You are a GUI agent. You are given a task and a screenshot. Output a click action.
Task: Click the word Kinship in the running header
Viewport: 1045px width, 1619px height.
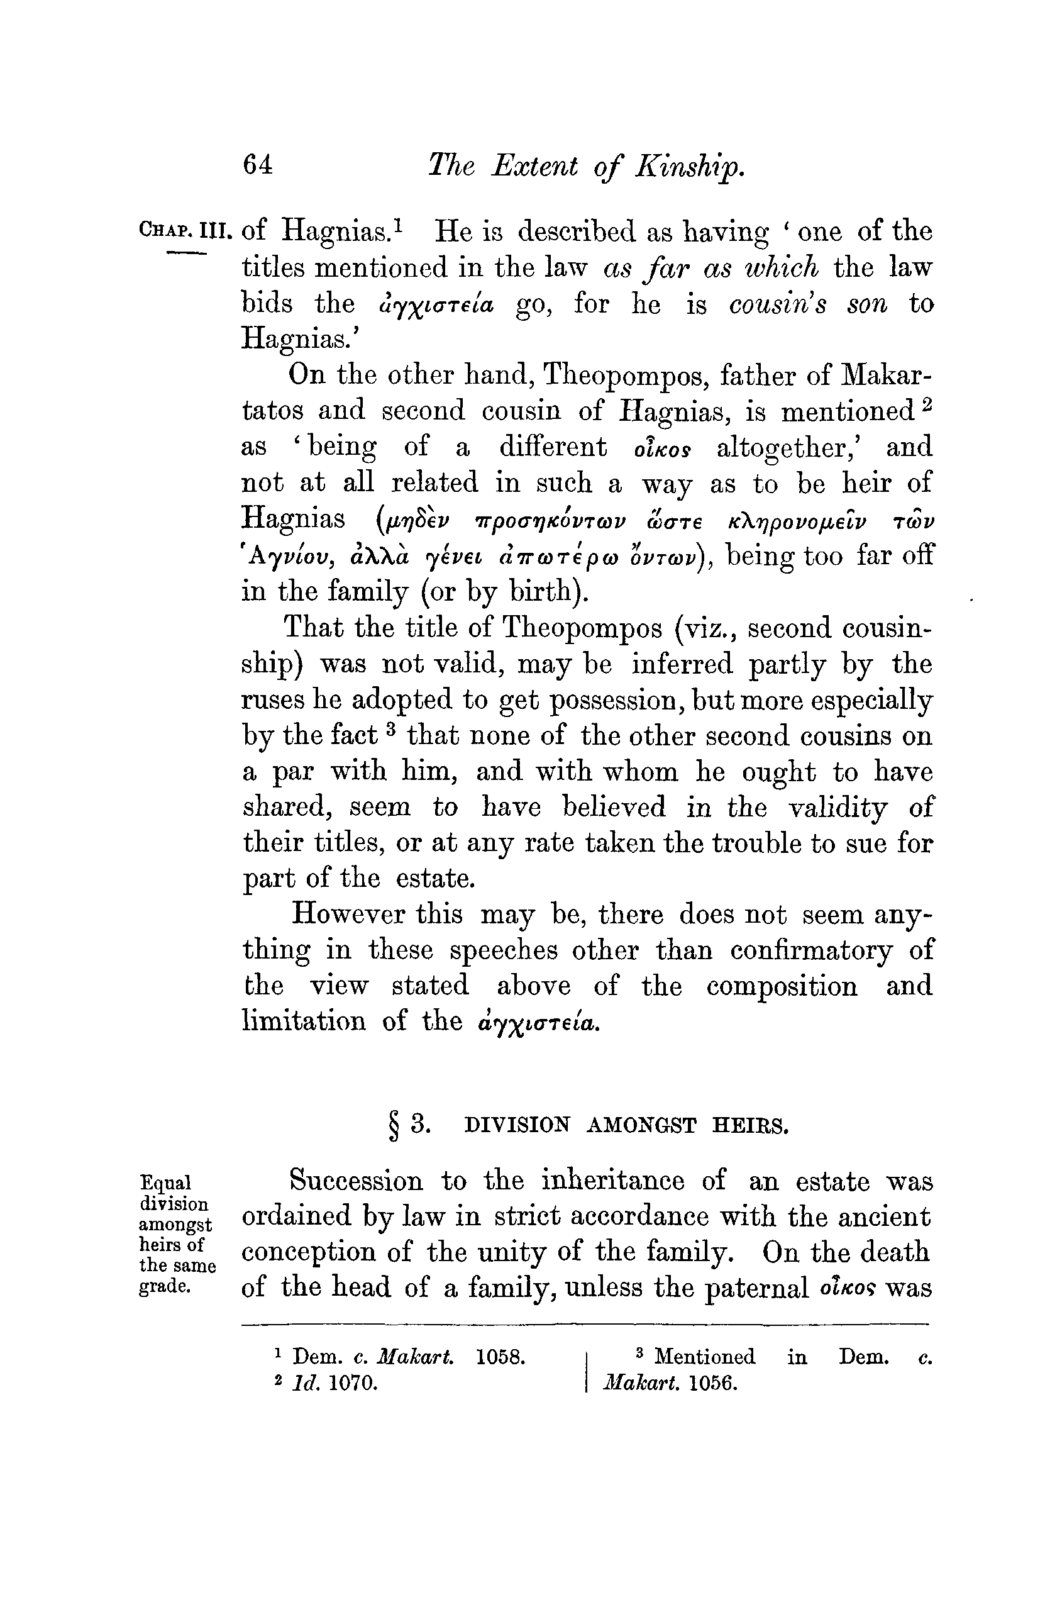688,166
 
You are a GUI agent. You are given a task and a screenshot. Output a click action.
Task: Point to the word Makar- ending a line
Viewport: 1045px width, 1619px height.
885,375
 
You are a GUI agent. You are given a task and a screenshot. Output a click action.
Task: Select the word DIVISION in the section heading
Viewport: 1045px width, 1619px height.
517,1126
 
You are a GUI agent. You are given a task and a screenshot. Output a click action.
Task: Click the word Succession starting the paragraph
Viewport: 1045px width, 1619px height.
357,1181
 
